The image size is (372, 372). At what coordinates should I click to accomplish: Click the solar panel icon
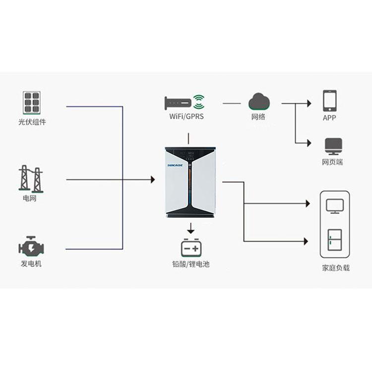32,102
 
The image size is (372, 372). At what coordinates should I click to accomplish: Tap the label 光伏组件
32,122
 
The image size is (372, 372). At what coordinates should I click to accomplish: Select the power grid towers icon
31,179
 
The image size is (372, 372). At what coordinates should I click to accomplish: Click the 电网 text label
30,198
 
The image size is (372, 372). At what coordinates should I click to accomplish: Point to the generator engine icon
31,246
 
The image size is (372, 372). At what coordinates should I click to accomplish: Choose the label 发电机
31,263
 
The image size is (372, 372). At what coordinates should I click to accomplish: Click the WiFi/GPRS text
186,116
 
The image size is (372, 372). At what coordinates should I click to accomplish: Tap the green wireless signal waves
199,102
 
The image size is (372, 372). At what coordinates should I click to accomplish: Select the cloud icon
259,102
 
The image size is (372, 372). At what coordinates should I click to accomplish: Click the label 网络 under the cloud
258,117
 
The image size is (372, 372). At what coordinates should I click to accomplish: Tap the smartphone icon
330,101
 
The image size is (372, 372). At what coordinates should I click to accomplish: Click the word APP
329,118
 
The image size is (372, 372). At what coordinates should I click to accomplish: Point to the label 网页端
332,162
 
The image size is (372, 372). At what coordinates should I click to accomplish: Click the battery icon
191,248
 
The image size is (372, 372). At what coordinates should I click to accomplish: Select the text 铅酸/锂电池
191,264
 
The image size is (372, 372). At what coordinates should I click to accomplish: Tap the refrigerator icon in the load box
334,240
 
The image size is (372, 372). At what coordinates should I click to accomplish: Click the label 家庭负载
336,268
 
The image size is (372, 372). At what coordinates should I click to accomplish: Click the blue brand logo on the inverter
175,165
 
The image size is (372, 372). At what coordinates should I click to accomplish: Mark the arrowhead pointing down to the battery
191,231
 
